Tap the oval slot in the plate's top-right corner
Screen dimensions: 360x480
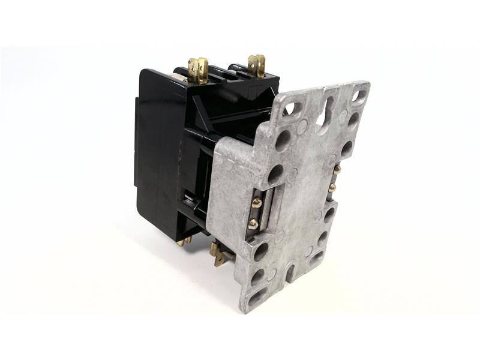pos(359,95)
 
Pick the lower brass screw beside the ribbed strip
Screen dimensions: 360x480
pos(253,224)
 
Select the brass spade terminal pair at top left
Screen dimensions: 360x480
pos(197,70)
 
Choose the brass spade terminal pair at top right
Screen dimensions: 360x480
pos(257,65)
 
